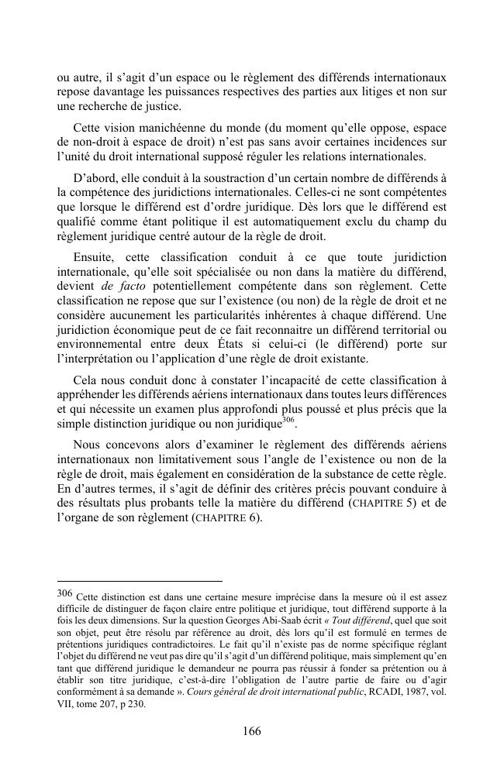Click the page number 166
pos(251,730)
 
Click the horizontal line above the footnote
pos(140,580)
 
